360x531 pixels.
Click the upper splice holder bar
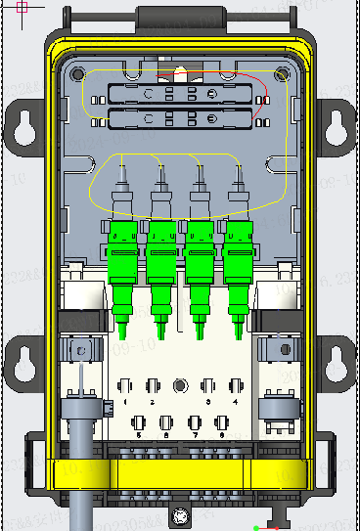pyautogui.click(x=182, y=95)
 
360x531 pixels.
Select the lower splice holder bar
pyautogui.click(x=182, y=121)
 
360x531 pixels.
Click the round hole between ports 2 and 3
pyautogui.click(x=179, y=386)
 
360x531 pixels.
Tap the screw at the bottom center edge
pyautogui.click(x=179, y=515)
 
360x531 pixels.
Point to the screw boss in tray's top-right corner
pyautogui.click(x=283, y=73)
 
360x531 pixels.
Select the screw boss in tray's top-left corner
pyautogui.click(x=76, y=73)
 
